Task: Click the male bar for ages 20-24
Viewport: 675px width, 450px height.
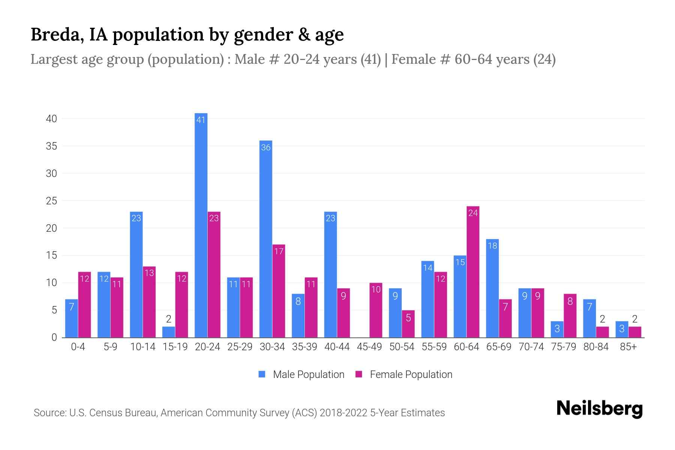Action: (201, 225)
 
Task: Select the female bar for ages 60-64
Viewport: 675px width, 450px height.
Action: (473, 272)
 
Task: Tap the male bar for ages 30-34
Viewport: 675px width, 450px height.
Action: (266, 240)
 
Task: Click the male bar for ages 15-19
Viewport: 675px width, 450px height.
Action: (169, 332)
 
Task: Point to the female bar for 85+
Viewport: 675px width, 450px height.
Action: (634, 332)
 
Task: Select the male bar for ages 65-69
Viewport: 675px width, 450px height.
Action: (492, 289)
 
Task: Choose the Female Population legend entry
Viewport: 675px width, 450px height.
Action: (404, 375)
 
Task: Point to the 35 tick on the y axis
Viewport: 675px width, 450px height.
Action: (51, 146)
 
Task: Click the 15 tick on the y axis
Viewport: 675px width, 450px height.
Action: (51, 256)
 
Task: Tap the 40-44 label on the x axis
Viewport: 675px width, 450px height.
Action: (337, 347)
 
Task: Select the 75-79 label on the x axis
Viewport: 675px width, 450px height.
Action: (563, 347)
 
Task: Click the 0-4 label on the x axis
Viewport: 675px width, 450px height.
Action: (78, 347)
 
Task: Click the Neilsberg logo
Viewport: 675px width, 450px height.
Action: (599, 409)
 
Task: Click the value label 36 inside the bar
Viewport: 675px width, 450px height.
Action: (266, 148)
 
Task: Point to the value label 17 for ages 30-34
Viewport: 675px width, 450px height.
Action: (279, 251)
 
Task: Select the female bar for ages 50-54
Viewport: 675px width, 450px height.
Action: (408, 324)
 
